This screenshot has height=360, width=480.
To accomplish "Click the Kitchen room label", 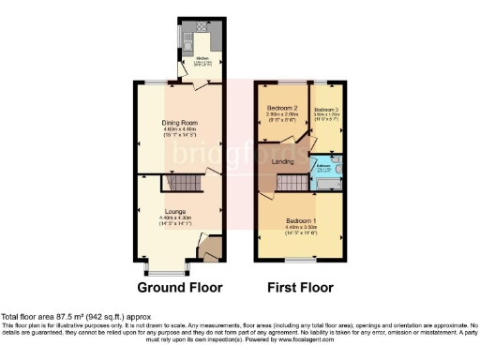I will point(202,57).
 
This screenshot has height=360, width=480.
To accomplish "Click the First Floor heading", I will point(302,287).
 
